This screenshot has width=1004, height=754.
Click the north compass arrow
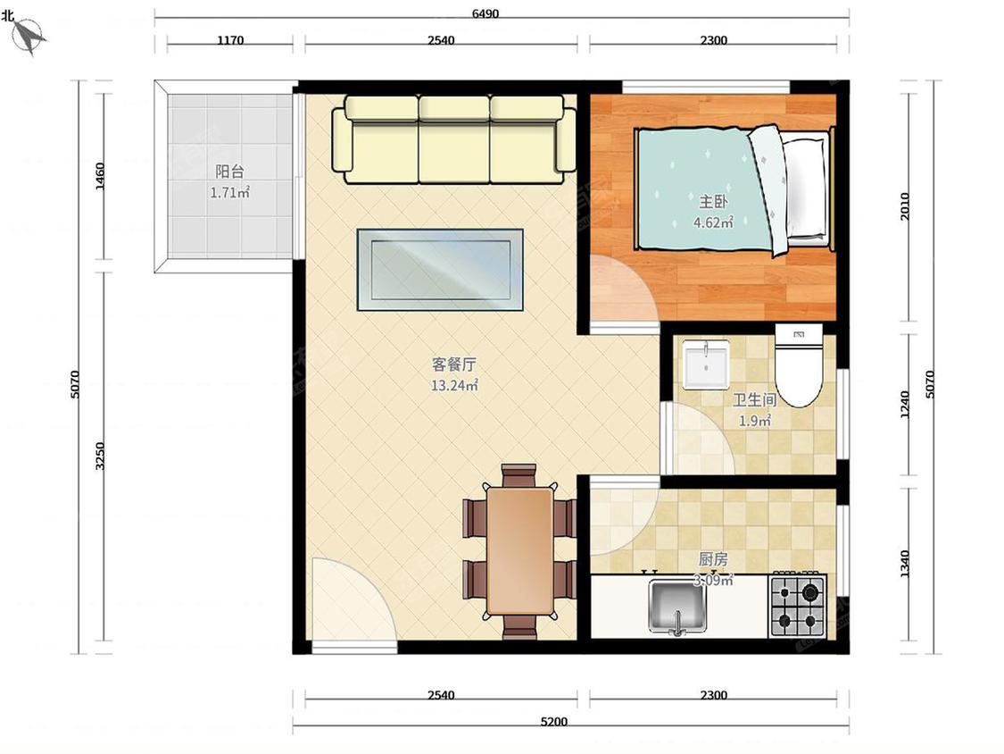pos(29,36)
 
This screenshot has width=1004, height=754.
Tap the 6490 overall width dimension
pos(485,13)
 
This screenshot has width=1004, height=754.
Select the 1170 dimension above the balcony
pos(230,39)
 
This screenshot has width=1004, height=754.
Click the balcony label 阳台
pos(229,172)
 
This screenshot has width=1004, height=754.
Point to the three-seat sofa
pos(454,139)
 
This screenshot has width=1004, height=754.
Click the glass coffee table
pos(440,270)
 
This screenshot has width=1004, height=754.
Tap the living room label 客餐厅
pos(454,364)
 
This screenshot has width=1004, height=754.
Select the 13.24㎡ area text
pos(454,385)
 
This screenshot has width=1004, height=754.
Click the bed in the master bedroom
pos(734,189)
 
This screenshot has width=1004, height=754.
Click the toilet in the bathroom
pos(799,365)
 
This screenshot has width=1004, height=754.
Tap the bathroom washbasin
pos(706,364)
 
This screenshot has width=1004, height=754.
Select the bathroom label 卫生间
pos(754,400)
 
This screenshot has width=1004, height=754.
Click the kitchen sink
pos(676,606)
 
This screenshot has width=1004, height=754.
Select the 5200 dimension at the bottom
pos(554,721)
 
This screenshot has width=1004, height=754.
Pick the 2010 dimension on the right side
pos(905,206)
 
